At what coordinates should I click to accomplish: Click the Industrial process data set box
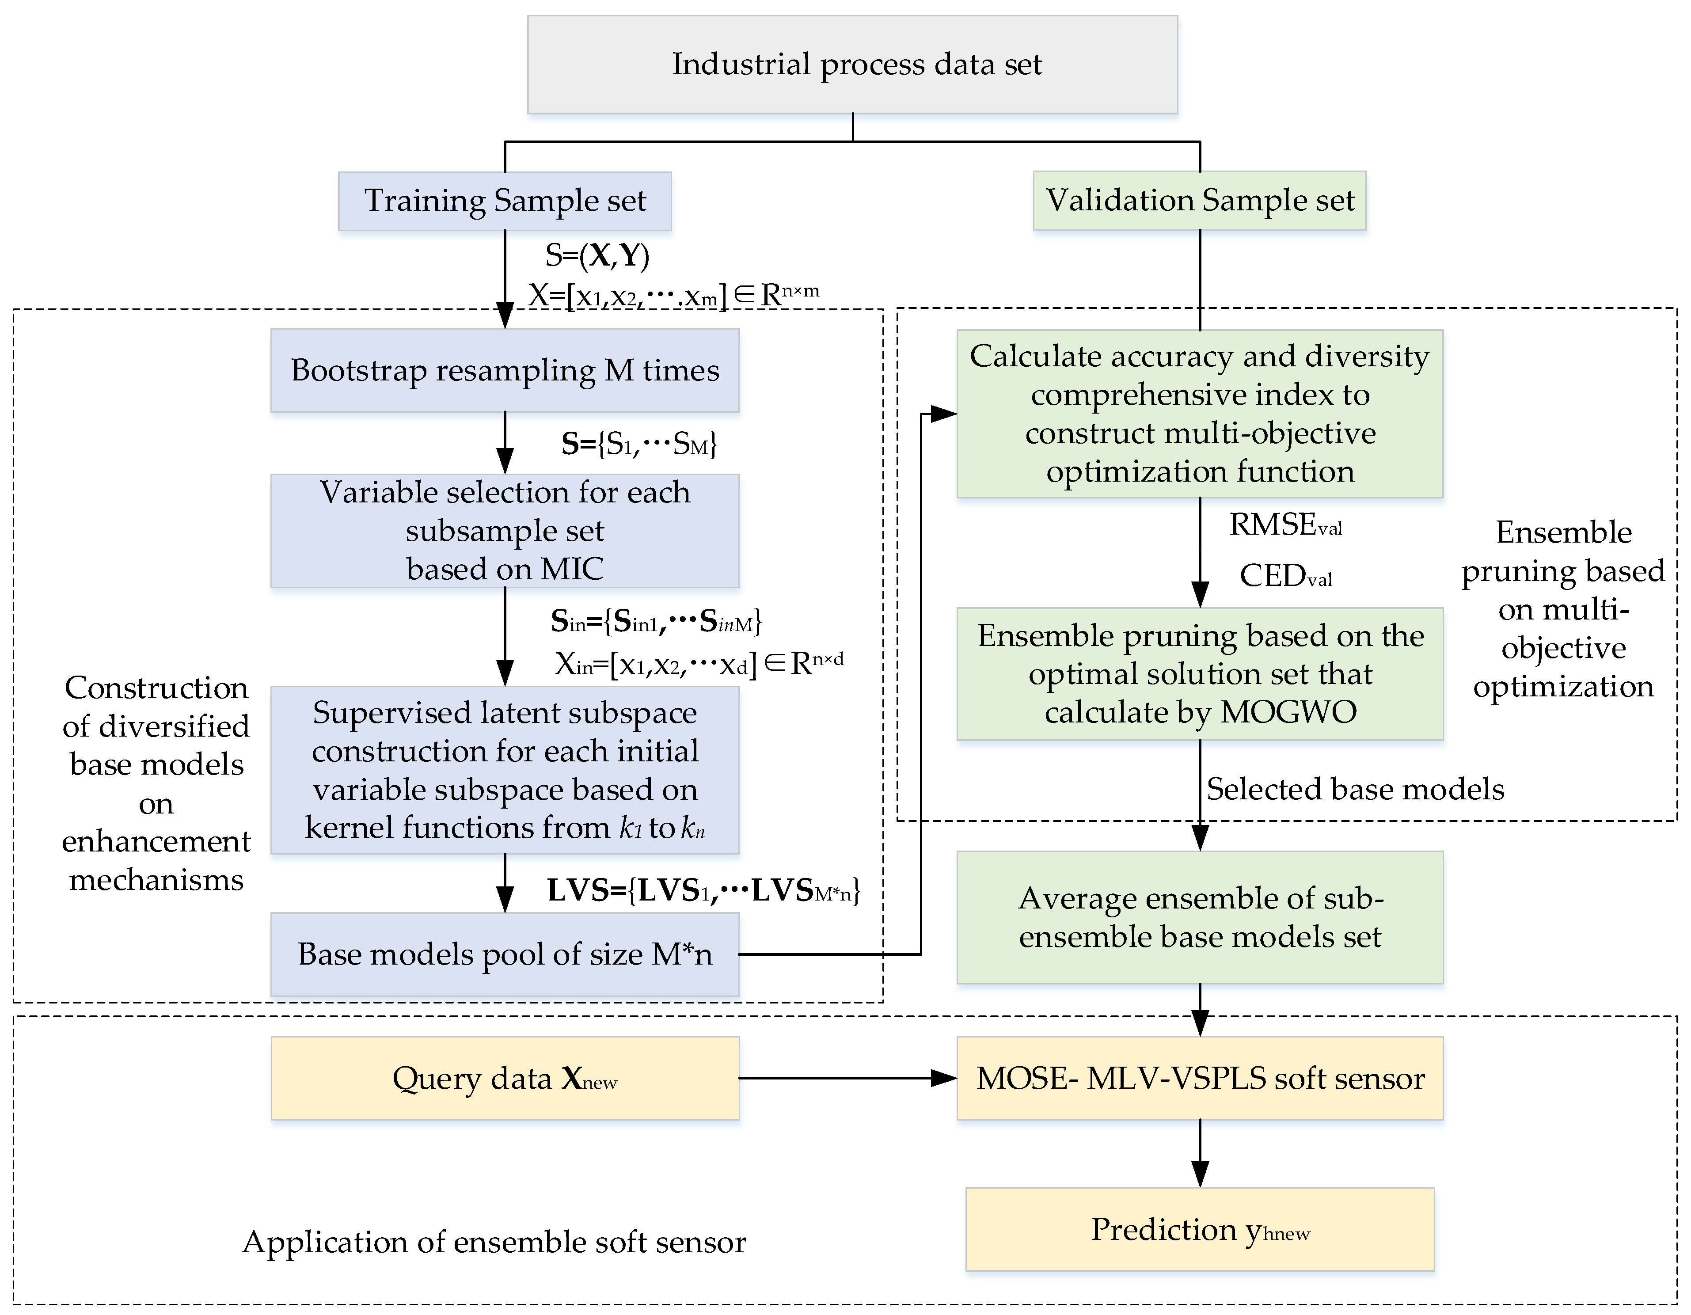(852, 64)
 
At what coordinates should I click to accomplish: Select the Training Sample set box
(505, 201)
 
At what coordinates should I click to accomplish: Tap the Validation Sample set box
(1199, 201)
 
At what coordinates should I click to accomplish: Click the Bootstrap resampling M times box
(505, 370)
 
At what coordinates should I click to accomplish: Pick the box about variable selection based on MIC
(505, 531)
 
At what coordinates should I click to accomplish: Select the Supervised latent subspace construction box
(505, 770)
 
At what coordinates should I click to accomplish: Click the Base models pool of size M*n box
(505, 954)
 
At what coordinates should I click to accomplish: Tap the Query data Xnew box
(505, 1078)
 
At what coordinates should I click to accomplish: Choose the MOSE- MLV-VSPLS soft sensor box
(1199, 1078)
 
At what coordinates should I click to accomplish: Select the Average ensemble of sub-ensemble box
(1199, 918)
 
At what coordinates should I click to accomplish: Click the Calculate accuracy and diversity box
(1199, 414)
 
